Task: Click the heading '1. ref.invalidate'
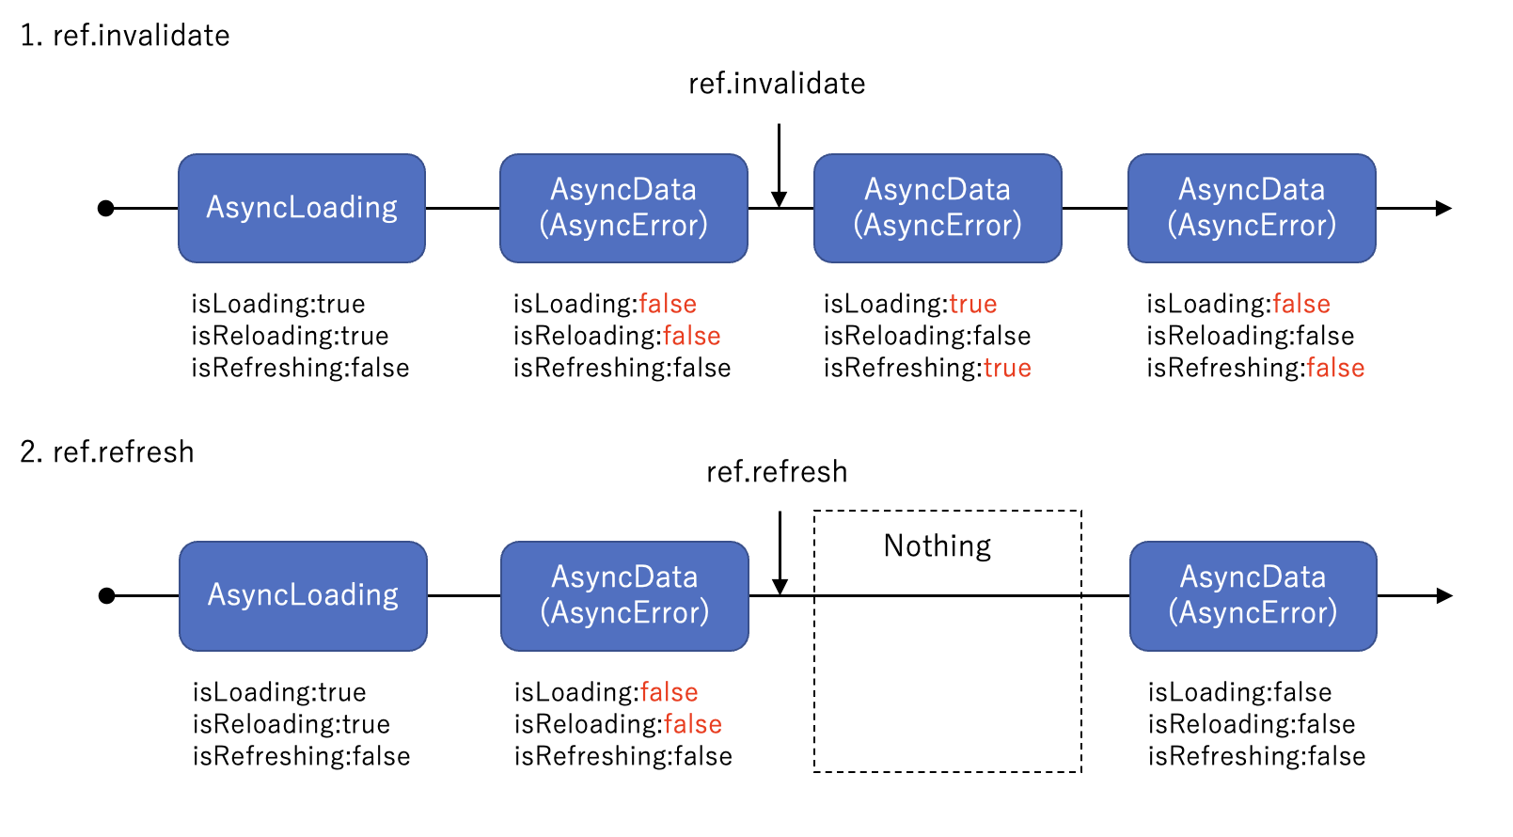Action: (x=125, y=36)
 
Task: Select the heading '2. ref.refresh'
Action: (x=107, y=452)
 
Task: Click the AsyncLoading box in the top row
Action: (x=302, y=208)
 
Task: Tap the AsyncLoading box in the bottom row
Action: (x=303, y=595)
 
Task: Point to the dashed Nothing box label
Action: (x=937, y=546)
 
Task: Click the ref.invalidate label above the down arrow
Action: (x=777, y=84)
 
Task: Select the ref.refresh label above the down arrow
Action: (x=777, y=472)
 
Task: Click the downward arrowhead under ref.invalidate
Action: (x=779, y=199)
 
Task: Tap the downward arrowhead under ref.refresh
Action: (x=780, y=587)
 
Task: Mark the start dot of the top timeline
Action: (x=106, y=208)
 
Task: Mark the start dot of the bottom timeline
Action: (x=107, y=595)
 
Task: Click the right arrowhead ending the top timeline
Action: (x=1443, y=208)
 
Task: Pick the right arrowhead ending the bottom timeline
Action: (x=1444, y=595)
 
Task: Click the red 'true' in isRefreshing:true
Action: (x=1007, y=368)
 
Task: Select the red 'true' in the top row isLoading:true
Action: (x=972, y=304)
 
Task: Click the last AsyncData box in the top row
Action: (x=1252, y=208)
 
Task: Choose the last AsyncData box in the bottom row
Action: (x=1253, y=595)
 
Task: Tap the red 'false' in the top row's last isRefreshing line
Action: (x=1335, y=368)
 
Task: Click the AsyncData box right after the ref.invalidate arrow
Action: (x=938, y=208)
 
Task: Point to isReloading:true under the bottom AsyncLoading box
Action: (x=292, y=724)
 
